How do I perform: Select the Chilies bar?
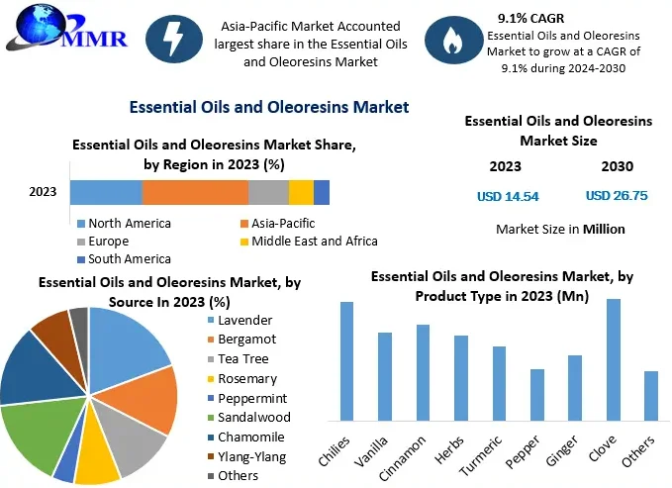pyautogui.click(x=347, y=361)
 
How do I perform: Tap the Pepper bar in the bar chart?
pyautogui.click(x=537, y=396)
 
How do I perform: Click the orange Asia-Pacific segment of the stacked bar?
pyautogui.click(x=195, y=192)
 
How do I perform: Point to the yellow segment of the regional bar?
pyautogui.click(x=301, y=192)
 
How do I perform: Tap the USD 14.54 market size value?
pyautogui.click(x=508, y=196)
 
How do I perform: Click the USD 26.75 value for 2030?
pyautogui.click(x=617, y=196)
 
